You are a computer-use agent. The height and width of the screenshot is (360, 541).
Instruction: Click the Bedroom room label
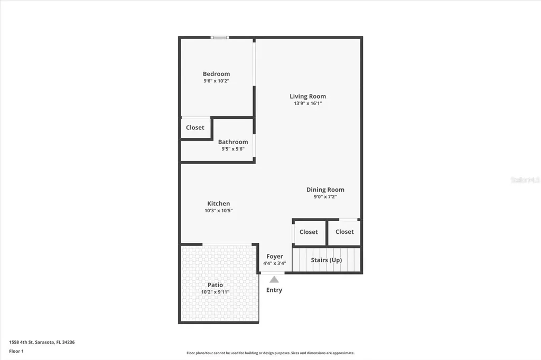pyautogui.click(x=216, y=74)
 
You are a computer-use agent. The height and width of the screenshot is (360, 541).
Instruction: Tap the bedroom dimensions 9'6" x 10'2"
pyautogui.click(x=216, y=81)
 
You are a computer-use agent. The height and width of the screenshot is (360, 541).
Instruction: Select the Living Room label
pyautogui.click(x=307, y=96)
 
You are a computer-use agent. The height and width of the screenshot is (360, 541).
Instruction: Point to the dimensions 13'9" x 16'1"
pyautogui.click(x=307, y=103)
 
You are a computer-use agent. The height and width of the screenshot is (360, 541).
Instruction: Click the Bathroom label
pyautogui.click(x=233, y=141)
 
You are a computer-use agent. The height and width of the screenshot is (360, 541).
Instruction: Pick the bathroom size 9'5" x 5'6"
pyautogui.click(x=233, y=149)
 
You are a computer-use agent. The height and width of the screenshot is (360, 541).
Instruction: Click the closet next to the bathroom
pyautogui.click(x=195, y=128)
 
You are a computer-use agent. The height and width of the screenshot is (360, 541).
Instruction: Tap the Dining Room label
pyautogui.click(x=325, y=190)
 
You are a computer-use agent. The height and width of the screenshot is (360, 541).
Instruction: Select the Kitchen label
pyautogui.click(x=218, y=203)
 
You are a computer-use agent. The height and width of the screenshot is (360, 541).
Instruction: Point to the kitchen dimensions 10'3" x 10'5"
pyautogui.click(x=218, y=211)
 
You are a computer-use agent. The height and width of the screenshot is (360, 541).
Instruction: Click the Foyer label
pyautogui.click(x=275, y=257)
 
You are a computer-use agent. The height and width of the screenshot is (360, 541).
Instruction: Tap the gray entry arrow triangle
pyautogui.click(x=274, y=279)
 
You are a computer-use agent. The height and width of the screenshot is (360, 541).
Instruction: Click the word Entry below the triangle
pyautogui.click(x=274, y=290)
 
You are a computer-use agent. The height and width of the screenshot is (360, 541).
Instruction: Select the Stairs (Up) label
pyautogui.click(x=326, y=260)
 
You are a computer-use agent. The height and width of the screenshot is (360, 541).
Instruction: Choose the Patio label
pyautogui.click(x=215, y=285)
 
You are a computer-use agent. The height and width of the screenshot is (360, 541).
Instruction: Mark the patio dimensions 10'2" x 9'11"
pyautogui.click(x=215, y=292)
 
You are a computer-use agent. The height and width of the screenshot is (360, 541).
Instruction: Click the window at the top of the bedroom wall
pyautogui.click(x=220, y=37)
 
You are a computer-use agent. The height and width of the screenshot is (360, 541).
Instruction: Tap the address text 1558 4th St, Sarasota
pyautogui.click(x=42, y=342)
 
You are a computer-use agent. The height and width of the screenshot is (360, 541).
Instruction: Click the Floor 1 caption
pyautogui.click(x=16, y=350)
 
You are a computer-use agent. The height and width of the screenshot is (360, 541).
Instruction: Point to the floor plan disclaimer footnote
pyautogui.click(x=270, y=353)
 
